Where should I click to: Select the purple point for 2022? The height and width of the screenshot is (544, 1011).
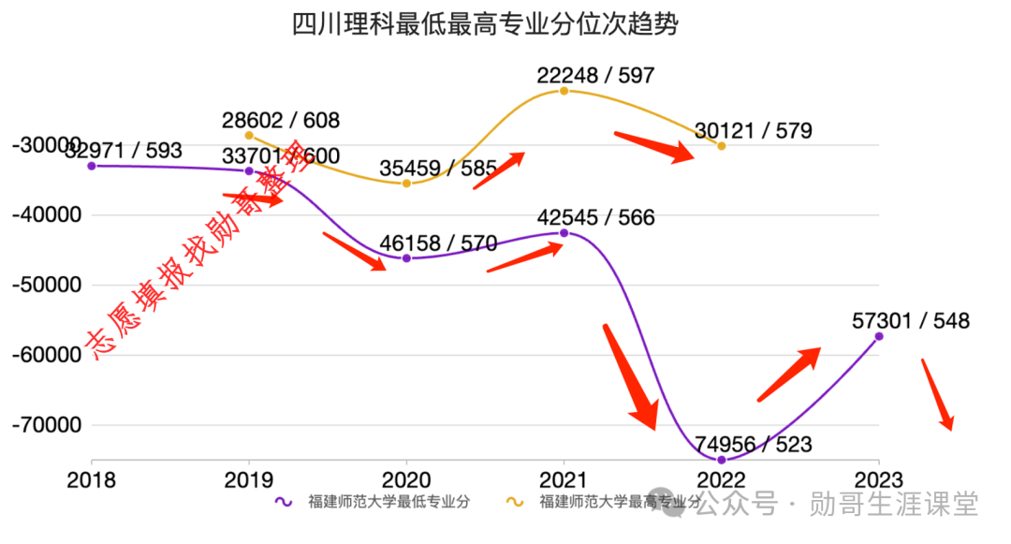(721, 460)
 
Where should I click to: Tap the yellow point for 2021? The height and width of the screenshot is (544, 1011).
(564, 90)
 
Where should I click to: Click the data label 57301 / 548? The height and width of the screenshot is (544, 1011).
(911, 321)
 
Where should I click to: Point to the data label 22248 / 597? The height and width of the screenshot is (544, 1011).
(595, 76)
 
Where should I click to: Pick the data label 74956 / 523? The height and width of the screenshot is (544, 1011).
(753, 445)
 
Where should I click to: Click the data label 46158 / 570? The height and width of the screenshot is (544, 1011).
(438, 244)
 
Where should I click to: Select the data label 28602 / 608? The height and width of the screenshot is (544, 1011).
(281, 121)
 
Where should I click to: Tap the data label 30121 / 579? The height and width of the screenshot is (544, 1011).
(753, 131)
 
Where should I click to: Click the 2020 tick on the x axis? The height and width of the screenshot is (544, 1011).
(406, 480)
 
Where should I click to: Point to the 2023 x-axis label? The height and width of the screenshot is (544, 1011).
(878, 480)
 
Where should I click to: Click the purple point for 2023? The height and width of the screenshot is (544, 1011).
(878, 336)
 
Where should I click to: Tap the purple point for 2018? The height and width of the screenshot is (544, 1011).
(92, 166)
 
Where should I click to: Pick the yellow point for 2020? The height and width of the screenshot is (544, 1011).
(406, 184)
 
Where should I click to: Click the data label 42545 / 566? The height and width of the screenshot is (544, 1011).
(595, 218)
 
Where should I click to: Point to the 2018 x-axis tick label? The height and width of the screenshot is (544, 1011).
(92, 480)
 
